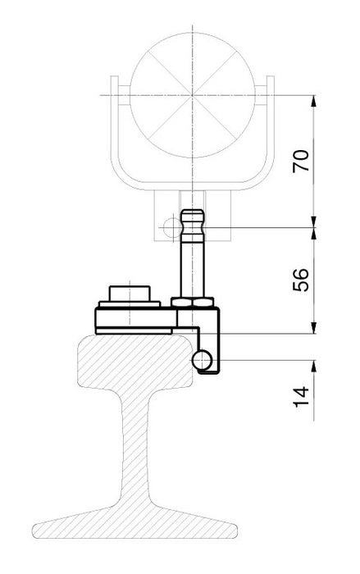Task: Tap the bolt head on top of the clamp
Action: click(130, 293)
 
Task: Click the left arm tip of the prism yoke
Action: click(114, 82)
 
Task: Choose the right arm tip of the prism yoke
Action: click(271, 82)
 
